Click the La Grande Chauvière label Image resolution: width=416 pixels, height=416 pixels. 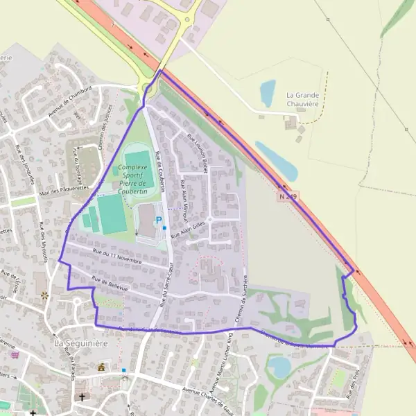click(x=302, y=99)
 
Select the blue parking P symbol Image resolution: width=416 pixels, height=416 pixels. click(x=159, y=220)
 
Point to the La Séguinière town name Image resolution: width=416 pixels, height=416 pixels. click(x=81, y=343)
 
